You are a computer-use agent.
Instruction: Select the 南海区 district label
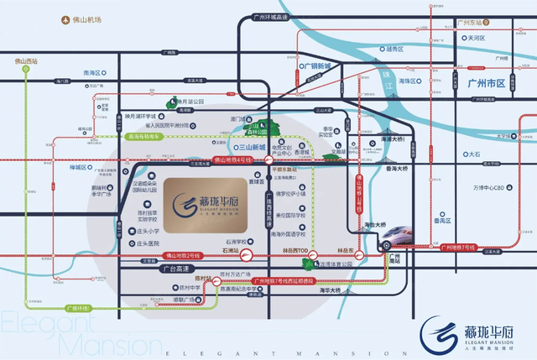(x=94, y=73)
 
